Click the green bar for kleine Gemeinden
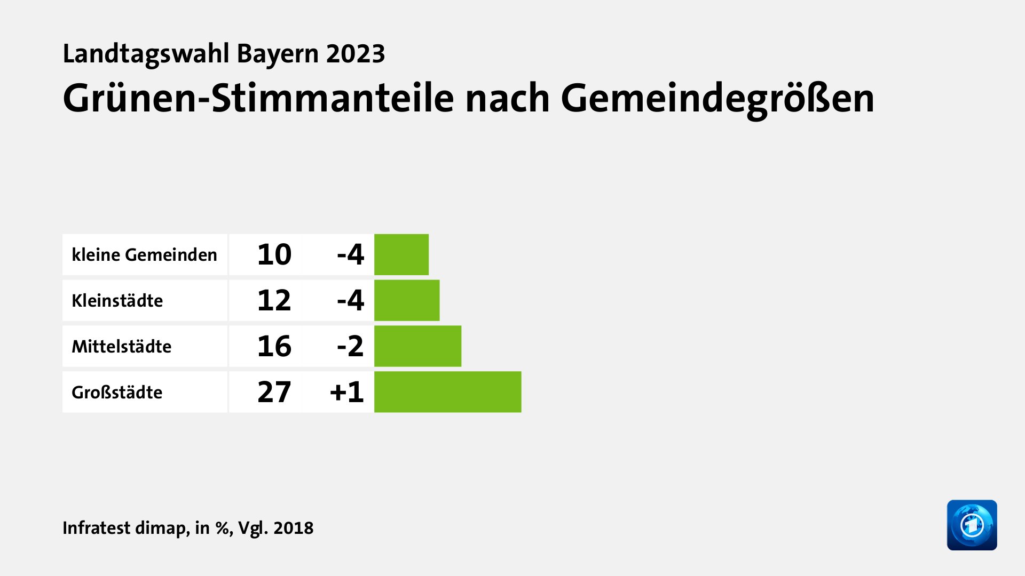(401, 254)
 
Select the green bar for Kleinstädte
(407, 300)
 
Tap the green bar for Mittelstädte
(417, 346)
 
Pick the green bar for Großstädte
(447, 392)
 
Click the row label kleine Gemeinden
(144, 255)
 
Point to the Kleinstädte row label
(117, 301)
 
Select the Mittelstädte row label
(121, 347)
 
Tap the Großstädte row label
(117, 393)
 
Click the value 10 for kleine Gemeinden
(274, 254)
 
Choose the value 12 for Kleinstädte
(274, 300)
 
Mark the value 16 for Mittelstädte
(274, 346)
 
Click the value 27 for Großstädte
(274, 392)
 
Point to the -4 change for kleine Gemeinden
(350, 254)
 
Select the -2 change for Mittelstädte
(350, 346)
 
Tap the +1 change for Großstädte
(347, 392)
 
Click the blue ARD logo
(972, 525)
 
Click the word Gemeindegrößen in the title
(717, 99)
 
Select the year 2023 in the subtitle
(356, 54)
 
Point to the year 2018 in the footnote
(293, 527)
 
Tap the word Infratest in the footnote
(96, 527)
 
